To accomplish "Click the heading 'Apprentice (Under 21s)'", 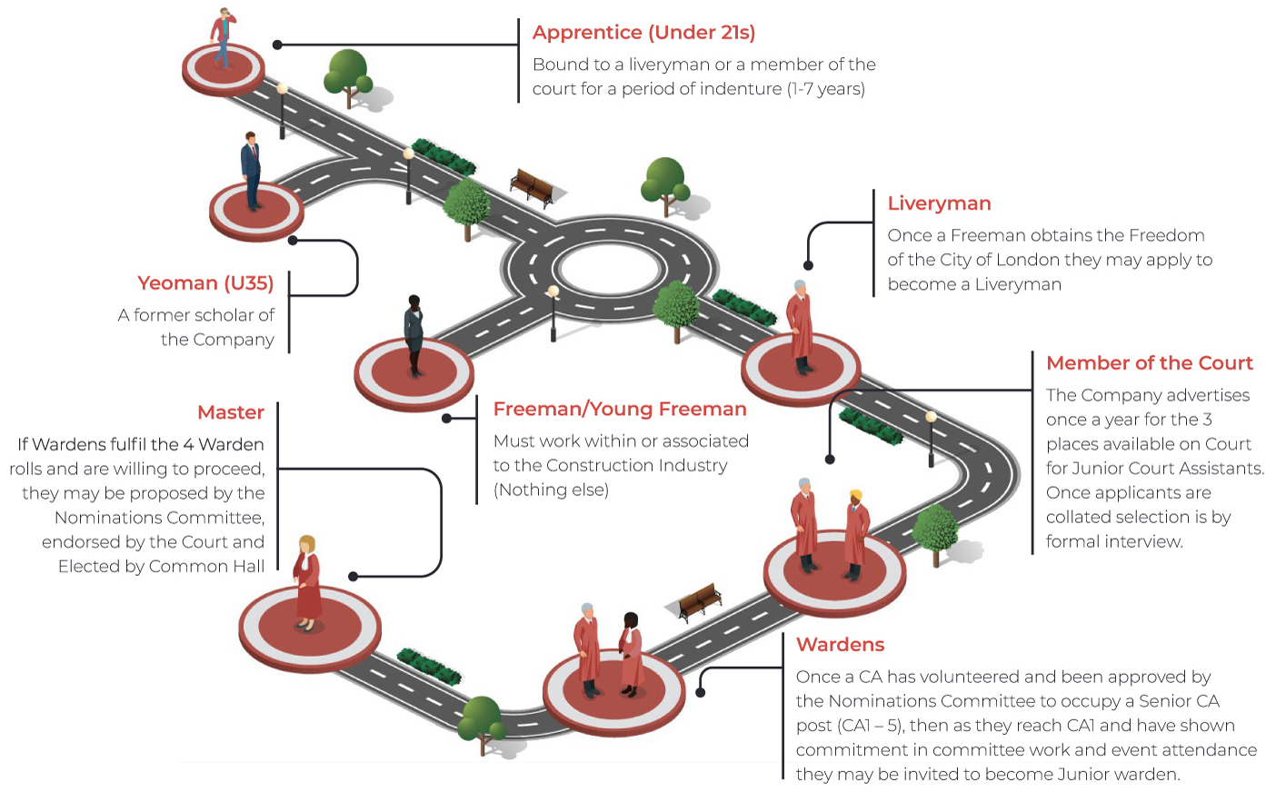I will (643, 33).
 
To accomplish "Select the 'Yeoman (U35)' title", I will (205, 283).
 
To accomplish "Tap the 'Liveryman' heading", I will (939, 203).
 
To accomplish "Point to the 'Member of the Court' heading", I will (1149, 363).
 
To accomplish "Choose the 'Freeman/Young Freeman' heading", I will (619, 410).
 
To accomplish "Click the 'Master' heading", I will (231, 412).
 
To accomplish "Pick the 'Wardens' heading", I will (840, 645).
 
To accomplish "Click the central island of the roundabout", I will (609, 269).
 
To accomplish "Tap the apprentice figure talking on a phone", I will (222, 36).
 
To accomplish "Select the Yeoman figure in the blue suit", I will (251, 169).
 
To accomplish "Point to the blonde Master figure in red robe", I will (307, 581).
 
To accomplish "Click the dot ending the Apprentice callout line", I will (277, 45).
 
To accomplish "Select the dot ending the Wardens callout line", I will (701, 692).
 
